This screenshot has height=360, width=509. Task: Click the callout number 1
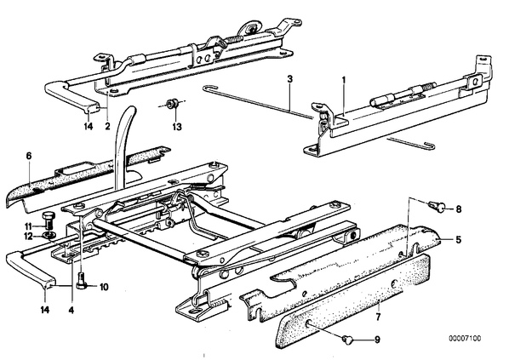pyautogui.click(x=344, y=80)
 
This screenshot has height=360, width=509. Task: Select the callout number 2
pyautogui.click(x=107, y=126)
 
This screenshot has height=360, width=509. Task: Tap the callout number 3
pyautogui.click(x=290, y=79)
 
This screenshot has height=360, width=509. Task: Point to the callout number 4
pyautogui.click(x=71, y=311)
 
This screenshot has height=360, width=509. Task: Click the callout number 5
pyautogui.click(x=458, y=240)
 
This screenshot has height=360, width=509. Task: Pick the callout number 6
pyautogui.click(x=29, y=156)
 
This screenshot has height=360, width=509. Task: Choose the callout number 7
pyautogui.click(x=378, y=317)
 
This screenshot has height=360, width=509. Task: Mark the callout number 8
pyautogui.click(x=459, y=209)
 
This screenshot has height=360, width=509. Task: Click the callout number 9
pyautogui.click(x=377, y=340)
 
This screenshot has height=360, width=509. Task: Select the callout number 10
pyautogui.click(x=104, y=287)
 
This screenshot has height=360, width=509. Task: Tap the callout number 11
pyautogui.click(x=29, y=226)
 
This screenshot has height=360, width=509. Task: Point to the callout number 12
pyautogui.click(x=29, y=237)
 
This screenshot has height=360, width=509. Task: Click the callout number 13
pyautogui.click(x=177, y=127)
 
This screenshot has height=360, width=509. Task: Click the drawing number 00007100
pyautogui.click(x=465, y=339)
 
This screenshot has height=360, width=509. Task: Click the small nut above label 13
pyautogui.click(x=171, y=104)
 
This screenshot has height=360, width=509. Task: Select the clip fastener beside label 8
pyautogui.click(x=437, y=206)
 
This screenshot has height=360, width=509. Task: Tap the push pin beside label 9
pyautogui.click(x=346, y=340)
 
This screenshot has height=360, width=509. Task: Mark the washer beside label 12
pyautogui.click(x=49, y=235)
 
